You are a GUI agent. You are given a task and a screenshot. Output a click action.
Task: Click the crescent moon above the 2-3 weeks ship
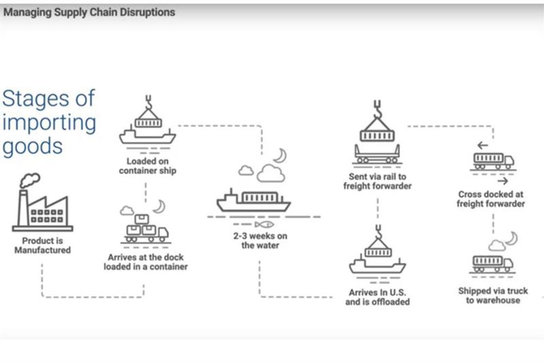coord(280,156)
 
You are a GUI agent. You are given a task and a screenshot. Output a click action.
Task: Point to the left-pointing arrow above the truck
coord(482,145)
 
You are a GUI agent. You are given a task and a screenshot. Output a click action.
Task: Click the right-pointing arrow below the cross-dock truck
coord(502,181)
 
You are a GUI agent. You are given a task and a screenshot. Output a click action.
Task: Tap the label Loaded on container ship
coord(148,166)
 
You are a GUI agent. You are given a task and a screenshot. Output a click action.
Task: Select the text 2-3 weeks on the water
coord(260,241)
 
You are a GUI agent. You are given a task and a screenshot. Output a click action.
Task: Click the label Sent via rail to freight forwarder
coord(377,181)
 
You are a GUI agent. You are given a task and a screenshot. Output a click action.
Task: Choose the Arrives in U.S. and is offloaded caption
coord(377,297)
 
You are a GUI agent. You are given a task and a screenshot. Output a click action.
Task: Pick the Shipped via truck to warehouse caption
coord(493,295)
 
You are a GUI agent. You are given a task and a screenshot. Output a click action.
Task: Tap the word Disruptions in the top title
coord(148,12)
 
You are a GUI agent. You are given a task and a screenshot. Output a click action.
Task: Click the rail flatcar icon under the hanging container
coord(377,154)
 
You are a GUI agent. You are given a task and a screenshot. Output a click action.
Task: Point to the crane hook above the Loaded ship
coord(149,102)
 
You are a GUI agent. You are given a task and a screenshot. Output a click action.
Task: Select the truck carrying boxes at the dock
coord(146,229)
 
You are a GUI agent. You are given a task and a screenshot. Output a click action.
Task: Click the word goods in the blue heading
coord(33,147)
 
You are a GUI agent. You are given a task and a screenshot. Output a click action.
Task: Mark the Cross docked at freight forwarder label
coord(491,199)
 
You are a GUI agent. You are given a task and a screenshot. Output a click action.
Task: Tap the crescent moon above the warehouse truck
coord(511,238)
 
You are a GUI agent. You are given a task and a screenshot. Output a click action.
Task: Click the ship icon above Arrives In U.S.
coord(377,256)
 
